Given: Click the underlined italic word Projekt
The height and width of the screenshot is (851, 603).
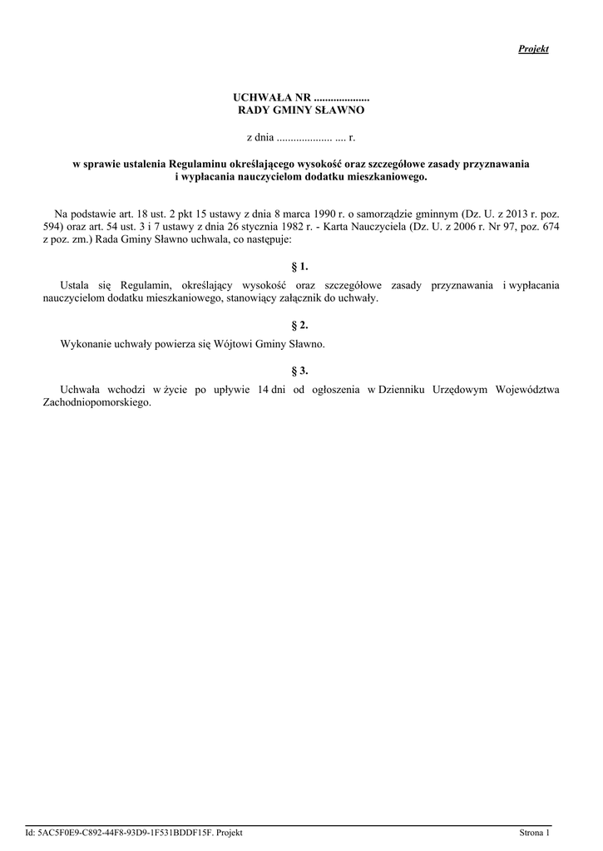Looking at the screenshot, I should click(x=533, y=49).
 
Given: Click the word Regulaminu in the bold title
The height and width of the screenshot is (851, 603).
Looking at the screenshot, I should click(x=204, y=165).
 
